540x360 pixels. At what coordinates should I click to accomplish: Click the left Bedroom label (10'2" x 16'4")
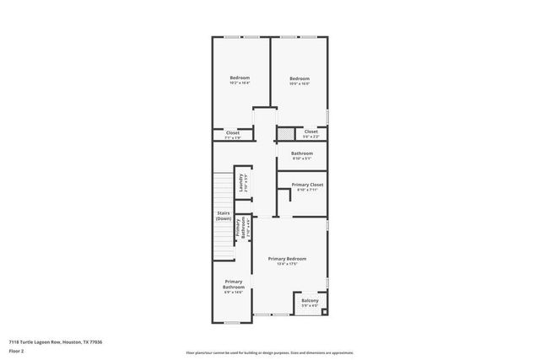coord(240,78)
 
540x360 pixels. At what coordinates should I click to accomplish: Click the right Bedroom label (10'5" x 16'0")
coord(300,78)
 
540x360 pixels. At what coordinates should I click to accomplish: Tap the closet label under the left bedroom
coord(233,132)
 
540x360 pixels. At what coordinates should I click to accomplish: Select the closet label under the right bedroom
coord(310,132)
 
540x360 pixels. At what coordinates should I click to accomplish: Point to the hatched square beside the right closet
coord(288,133)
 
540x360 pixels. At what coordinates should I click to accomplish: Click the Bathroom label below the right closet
coord(302,153)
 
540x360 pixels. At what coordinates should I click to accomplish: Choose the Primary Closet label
coord(307,184)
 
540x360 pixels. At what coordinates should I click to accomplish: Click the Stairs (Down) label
coord(224,216)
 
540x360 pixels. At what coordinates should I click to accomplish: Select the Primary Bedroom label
coord(287,258)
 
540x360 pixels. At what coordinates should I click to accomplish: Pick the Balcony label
coord(310,300)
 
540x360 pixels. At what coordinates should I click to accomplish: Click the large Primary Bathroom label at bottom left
coord(233,284)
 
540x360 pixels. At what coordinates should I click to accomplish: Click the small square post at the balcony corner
coord(324,310)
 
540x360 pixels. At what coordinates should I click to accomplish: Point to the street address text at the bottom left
coord(56,342)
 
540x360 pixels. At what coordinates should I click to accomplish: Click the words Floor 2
coord(17,352)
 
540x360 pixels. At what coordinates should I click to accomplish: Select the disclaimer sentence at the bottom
coord(269,352)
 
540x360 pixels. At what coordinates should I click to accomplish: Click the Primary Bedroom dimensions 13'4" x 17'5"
coord(287,264)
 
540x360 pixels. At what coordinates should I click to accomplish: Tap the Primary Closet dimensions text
coord(307,190)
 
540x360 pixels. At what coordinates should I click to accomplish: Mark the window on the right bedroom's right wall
coord(327,114)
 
